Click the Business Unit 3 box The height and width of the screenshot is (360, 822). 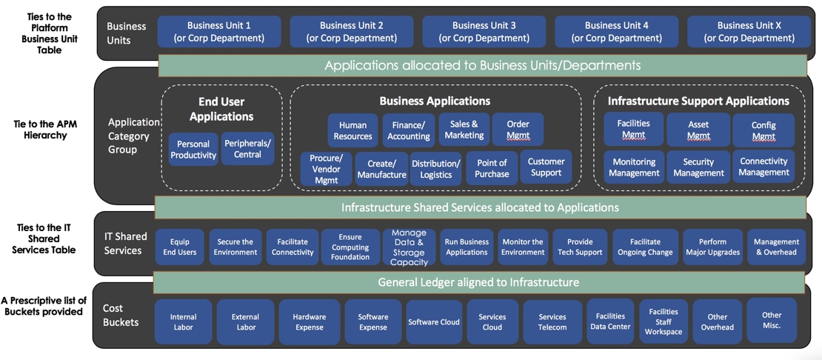(x=484, y=32)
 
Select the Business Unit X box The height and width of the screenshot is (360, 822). (x=749, y=32)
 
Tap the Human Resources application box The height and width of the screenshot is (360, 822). (x=352, y=131)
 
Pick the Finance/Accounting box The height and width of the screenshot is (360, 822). (x=408, y=131)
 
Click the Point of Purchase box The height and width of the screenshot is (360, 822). (x=492, y=168)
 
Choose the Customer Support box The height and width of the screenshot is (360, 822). (x=546, y=167)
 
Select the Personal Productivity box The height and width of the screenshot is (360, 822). (x=193, y=150)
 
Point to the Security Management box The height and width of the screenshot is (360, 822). (x=698, y=167)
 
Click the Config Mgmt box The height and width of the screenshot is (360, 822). (x=763, y=131)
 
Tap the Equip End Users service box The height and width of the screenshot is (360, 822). (x=179, y=247)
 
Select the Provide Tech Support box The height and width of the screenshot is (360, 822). (x=580, y=247)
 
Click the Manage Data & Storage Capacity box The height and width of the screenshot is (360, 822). (x=409, y=247)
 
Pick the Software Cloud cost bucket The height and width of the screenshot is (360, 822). (x=434, y=322)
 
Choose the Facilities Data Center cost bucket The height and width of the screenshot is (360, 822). (x=610, y=321)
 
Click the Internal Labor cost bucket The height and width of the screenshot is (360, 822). (x=183, y=322)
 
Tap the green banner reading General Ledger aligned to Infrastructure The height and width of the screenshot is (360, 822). (x=478, y=282)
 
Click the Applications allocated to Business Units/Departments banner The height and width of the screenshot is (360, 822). (x=482, y=65)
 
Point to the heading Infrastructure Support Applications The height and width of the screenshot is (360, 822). (x=698, y=101)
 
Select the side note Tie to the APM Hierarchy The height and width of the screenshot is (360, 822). (x=45, y=130)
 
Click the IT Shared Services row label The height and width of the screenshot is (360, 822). (x=123, y=243)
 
